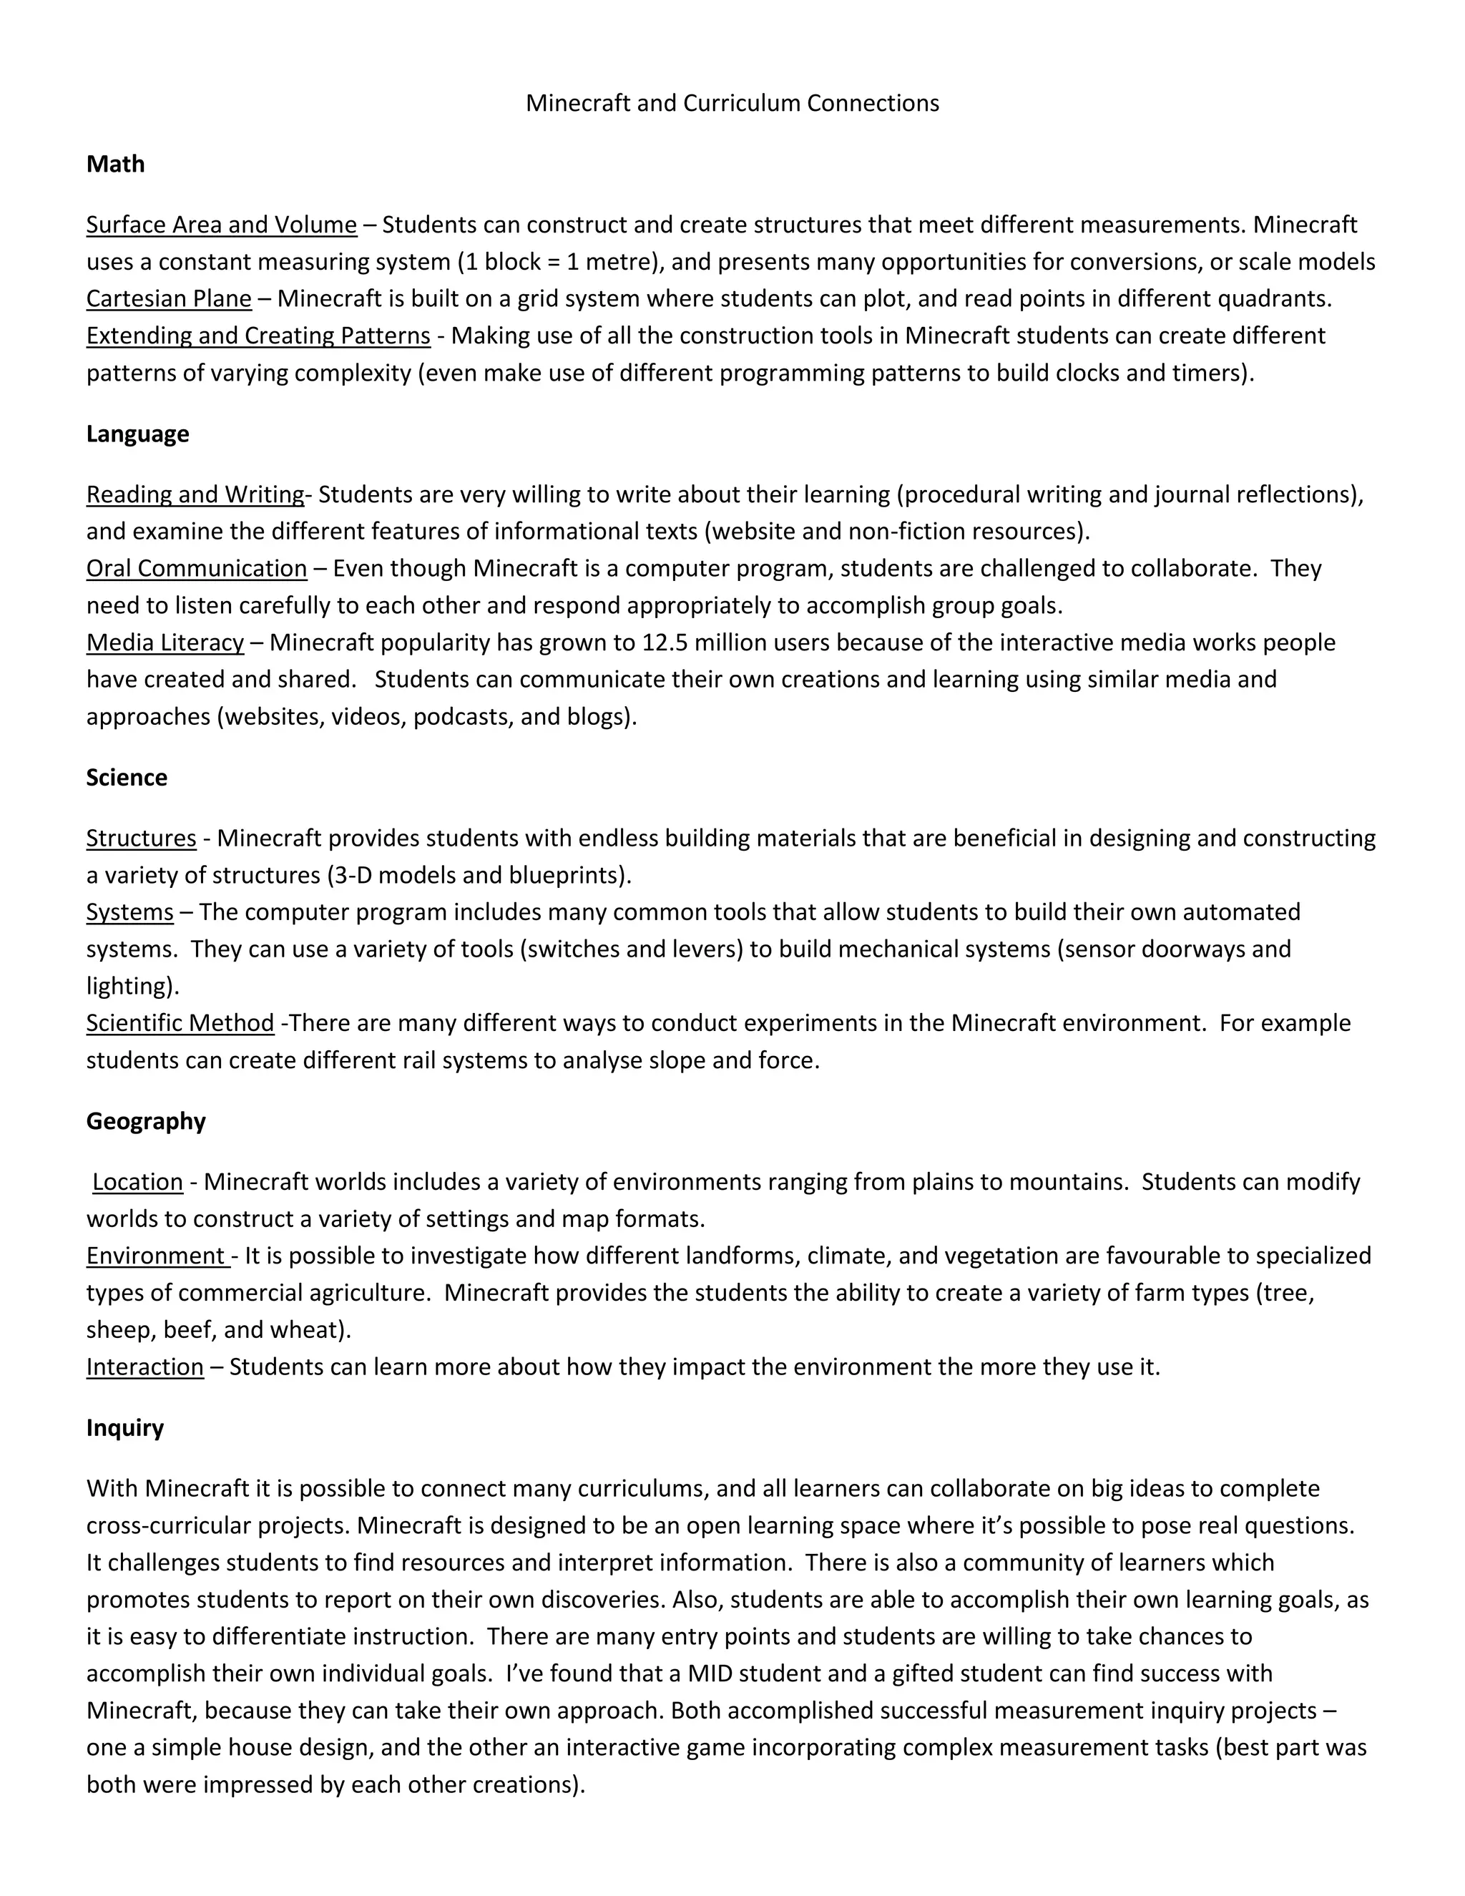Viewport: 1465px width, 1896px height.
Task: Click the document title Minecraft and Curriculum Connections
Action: coord(732,103)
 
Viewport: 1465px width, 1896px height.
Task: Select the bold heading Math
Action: coord(115,164)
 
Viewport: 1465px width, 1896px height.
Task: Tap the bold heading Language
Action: coord(137,434)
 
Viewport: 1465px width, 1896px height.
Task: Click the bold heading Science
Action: coord(127,777)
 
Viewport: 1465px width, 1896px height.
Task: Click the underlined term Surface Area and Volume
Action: coord(221,225)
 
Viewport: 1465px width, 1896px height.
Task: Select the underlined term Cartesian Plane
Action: coord(168,298)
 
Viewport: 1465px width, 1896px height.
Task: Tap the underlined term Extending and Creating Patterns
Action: coord(258,336)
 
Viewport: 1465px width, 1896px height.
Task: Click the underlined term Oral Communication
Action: coord(196,569)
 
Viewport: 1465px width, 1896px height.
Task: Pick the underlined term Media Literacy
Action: coord(165,642)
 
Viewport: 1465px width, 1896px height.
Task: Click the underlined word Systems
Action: coord(129,912)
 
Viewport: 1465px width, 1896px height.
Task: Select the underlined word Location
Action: coord(137,1183)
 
